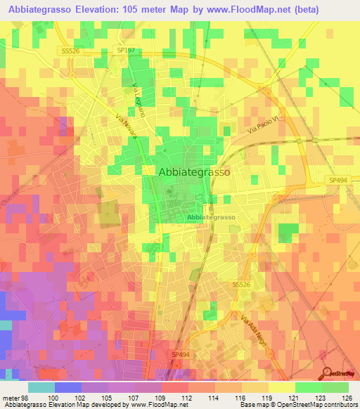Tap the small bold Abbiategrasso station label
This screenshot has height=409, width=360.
211,218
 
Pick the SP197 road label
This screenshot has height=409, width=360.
124,49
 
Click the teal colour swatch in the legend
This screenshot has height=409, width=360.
41,387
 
